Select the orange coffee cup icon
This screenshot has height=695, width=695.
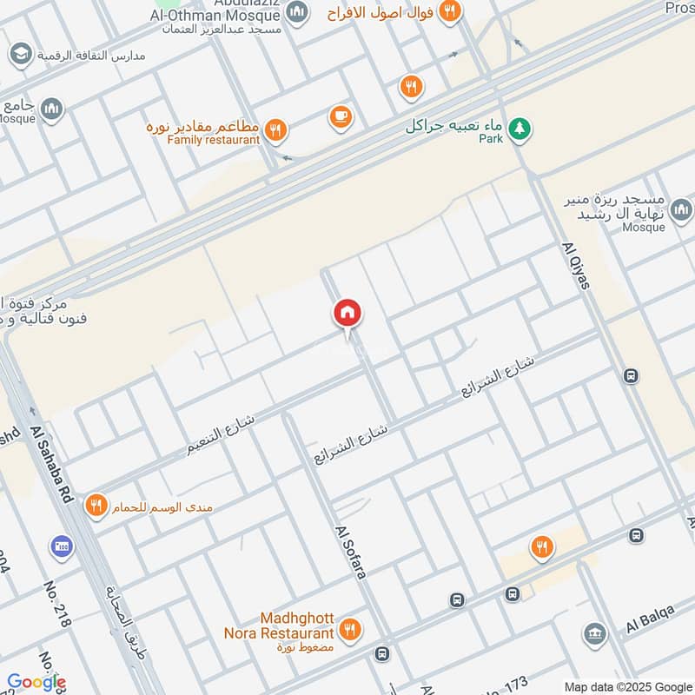tap(340, 116)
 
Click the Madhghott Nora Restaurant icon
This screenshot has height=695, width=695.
tap(349, 629)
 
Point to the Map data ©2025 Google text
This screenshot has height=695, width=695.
tap(629, 685)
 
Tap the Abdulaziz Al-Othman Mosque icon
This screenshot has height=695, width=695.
tap(297, 12)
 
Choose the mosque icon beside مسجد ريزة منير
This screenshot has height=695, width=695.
tap(681, 209)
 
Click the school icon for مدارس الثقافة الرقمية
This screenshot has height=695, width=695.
tap(19, 55)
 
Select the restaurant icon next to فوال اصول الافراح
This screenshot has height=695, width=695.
tap(448, 11)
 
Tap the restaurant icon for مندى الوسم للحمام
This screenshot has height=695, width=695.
tap(96, 505)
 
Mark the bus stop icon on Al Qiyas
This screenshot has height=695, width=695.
tap(631, 376)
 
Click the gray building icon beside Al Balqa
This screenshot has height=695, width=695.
tap(594, 634)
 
